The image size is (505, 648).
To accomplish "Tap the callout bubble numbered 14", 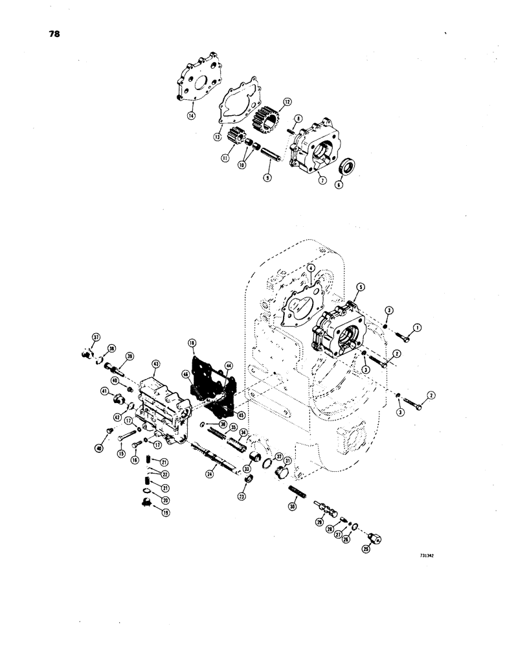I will [191, 116].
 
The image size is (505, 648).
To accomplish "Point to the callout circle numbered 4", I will [311, 268].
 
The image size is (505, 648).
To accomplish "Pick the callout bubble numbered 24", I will [209, 474].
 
